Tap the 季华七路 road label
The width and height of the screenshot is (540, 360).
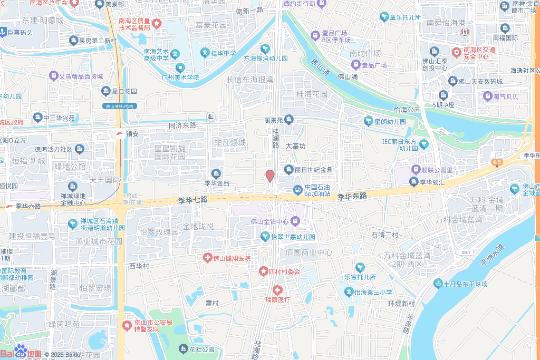[x=193, y=200]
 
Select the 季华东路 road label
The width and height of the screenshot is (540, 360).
[x=352, y=197]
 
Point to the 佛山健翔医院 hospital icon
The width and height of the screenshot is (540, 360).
[x=208, y=258]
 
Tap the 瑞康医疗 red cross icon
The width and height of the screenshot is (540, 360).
[x=277, y=290]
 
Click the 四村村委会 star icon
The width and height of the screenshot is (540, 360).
[x=263, y=271]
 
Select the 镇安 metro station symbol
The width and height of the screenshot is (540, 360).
[x=120, y=134]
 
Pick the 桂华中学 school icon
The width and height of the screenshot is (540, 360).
[x=205, y=53]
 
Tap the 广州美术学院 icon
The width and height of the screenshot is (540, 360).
[x=180, y=67]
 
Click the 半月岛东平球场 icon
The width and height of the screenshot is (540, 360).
[x=438, y=284]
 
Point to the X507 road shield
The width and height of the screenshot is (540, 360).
[x=466, y=252]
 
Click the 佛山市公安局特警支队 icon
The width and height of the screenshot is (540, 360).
[x=127, y=326]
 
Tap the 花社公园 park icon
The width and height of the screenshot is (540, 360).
[x=183, y=348]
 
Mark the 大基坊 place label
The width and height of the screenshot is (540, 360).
[x=295, y=146]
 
